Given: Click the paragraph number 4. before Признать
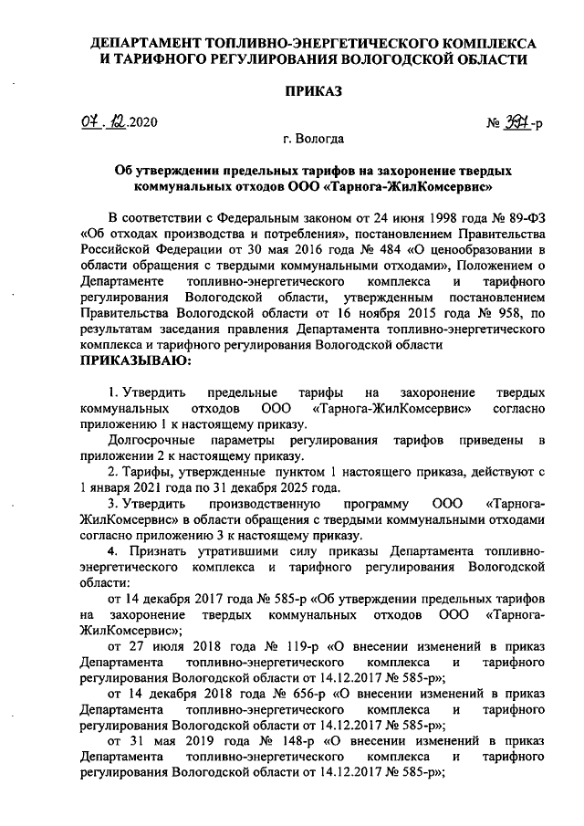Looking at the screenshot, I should click(113, 551).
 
